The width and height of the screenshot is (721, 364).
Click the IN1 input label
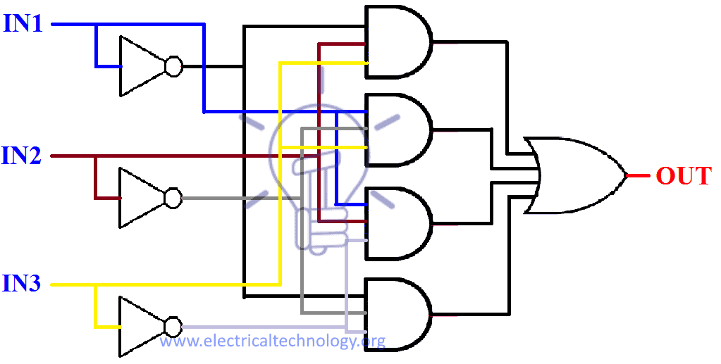pos(24,24)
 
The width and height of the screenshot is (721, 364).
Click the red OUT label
pos(683,175)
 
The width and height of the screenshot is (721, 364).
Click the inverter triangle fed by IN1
pos(140,66)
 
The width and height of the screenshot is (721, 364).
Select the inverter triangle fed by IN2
pos(140,198)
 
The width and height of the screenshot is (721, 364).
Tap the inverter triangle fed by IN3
pos(140,327)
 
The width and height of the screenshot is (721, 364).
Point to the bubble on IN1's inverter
pos(173,67)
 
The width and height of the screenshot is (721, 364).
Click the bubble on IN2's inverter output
pos(173,198)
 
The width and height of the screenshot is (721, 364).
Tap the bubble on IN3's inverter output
pos(173,327)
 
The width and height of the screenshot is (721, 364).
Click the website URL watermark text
pos(272,342)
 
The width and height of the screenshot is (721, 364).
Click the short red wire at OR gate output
pos(637,175)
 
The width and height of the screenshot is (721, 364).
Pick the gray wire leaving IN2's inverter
pos(226,198)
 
